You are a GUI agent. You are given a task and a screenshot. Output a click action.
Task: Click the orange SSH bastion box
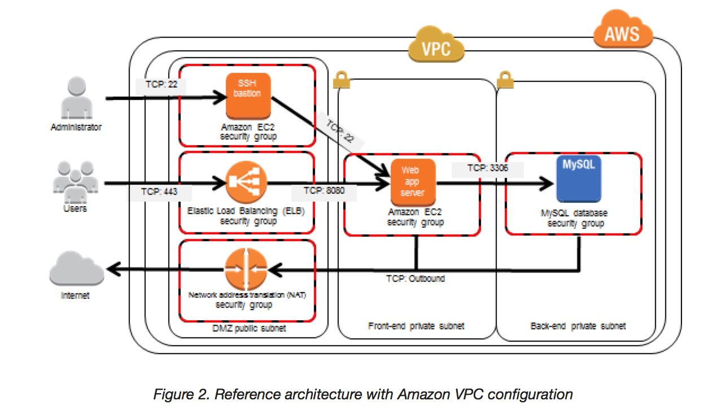pos(248,95)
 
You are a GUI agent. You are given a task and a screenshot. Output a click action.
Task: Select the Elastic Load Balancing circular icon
pos(246,182)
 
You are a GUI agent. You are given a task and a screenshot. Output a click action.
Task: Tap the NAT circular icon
pos(246,269)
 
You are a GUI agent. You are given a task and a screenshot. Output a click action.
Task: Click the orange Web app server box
pos(413,182)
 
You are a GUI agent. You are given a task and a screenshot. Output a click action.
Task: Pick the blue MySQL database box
pos(578,178)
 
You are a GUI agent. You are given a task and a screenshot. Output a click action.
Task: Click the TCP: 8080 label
pos(325,191)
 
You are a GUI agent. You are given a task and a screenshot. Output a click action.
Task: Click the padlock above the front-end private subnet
pos(340,80)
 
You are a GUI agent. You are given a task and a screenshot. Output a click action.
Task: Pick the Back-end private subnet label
pos(578,326)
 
